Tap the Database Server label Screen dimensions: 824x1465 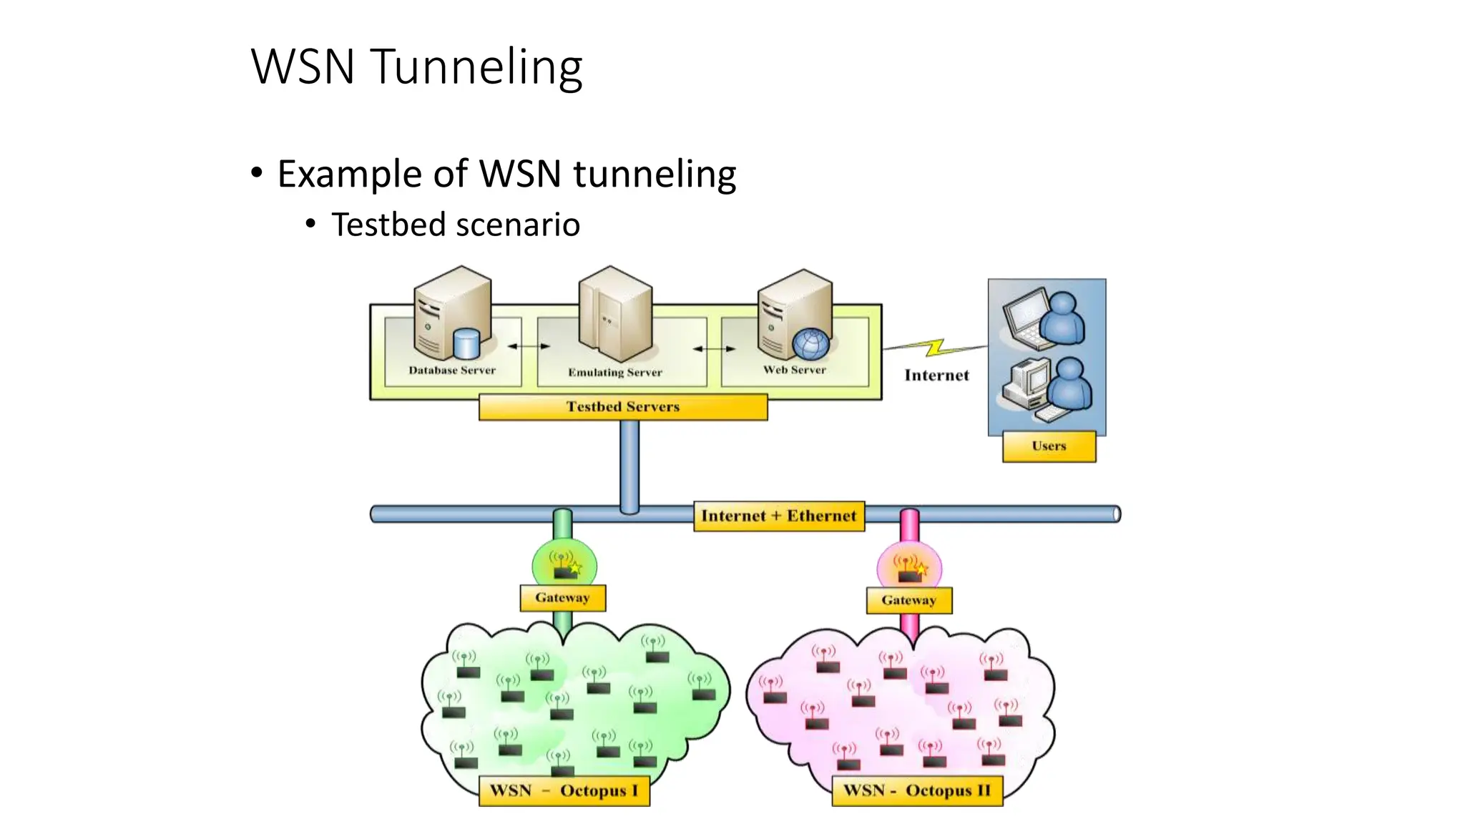[x=451, y=370]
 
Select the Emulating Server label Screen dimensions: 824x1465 [x=615, y=372]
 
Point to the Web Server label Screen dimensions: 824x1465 [x=794, y=370]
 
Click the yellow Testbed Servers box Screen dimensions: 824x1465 [x=623, y=406]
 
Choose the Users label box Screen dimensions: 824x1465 [x=1049, y=446]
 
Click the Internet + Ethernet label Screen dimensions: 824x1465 [x=778, y=516]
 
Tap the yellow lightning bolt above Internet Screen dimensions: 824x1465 [x=935, y=348]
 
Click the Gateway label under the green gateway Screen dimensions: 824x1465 [x=562, y=597]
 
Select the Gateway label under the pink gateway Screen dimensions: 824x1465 [x=908, y=600]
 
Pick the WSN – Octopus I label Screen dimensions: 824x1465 [x=564, y=790]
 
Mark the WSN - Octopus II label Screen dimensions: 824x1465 [x=917, y=790]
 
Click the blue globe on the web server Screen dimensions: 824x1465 [x=810, y=343]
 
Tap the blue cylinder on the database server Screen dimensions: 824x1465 [x=466, y=343]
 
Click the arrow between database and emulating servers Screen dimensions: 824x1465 [x=529, y=346]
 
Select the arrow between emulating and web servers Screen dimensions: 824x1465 [x=714, y=349]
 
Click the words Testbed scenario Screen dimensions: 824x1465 [x=455, y=225]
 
